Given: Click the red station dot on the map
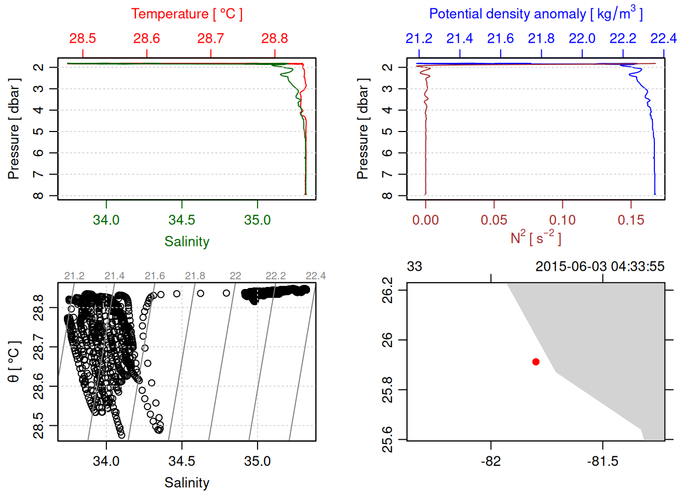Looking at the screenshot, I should click(535, 362).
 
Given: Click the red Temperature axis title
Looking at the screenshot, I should click(186, 14).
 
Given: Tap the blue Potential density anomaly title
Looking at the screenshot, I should click(535, 14).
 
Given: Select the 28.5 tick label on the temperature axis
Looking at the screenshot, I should click(83, 38).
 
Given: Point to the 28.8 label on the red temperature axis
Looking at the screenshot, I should click(274, 38).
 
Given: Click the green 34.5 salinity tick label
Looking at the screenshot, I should click(182, 220).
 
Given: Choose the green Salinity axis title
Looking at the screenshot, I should click(186, 242).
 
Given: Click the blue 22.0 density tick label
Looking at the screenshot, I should click(582, 38).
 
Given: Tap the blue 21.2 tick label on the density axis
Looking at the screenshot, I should click(419, 38).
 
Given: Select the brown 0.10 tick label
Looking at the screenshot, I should click(562, 220).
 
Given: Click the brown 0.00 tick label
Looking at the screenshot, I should click(425, 220).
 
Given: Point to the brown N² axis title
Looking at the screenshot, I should click(535, 238).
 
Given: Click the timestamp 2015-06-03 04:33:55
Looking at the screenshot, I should click(600, 267).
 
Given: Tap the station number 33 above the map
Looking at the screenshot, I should click(414, 267).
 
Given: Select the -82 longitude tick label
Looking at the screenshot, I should click(491, 461).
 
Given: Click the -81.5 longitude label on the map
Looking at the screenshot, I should click(602, 461).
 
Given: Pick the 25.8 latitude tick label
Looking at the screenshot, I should click(387, 390).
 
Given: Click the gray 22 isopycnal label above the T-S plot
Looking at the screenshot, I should click(235, 276).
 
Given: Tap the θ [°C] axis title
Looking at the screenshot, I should click(14, 362).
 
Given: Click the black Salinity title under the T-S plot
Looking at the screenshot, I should click(186, 483).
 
